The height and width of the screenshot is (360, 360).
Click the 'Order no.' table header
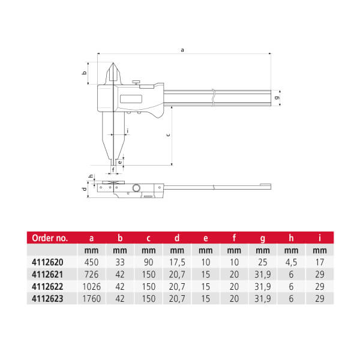pos(50,238)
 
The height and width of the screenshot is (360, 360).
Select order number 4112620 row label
pos(47,262)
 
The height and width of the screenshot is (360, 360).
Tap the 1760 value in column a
pos(91,298)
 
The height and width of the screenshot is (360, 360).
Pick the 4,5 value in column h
pos(291,262)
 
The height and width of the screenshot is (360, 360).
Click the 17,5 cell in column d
pos(177,262)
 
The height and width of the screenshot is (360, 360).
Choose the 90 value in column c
pos(149,262)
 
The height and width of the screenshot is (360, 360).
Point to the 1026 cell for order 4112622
pos(91,287)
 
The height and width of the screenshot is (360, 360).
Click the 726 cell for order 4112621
pos(91,274)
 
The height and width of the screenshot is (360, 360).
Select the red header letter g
pos(263,239)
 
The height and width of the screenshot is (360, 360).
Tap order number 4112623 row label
pos(47,298)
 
